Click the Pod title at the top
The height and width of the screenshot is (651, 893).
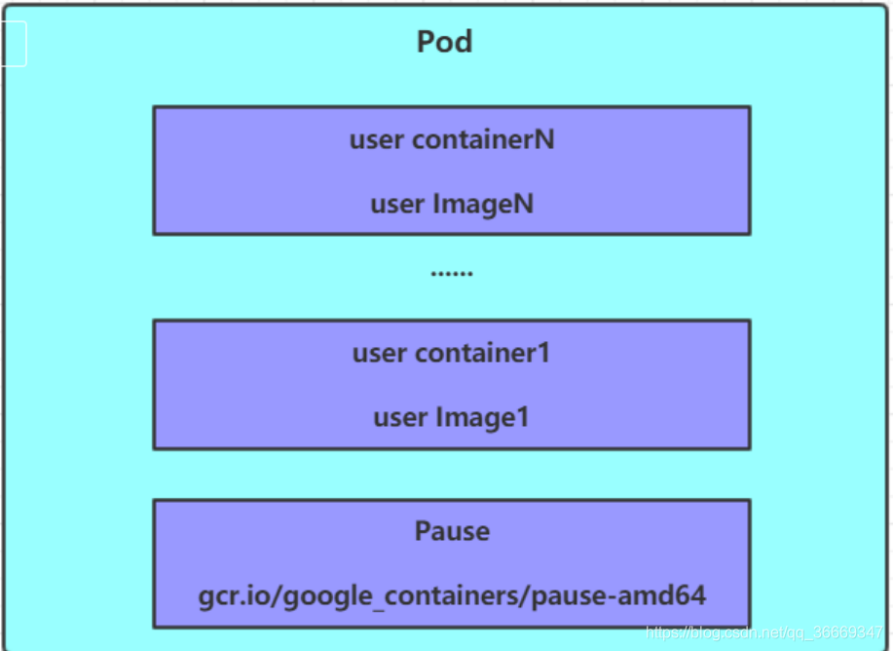coord(445,42)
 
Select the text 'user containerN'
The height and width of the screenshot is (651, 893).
coord(452,139)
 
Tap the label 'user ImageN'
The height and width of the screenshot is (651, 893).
coord(452,205)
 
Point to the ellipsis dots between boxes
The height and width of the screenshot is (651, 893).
coord(452,273)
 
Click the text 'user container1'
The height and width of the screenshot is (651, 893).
coord(452,353)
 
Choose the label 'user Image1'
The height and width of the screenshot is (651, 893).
coord(452,418)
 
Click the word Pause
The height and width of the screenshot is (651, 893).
coord(452,531)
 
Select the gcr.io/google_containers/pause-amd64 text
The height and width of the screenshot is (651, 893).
coord(452,595)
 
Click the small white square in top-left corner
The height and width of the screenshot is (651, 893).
coord(13,44)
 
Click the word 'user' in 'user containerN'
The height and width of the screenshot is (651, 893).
coord(377,139)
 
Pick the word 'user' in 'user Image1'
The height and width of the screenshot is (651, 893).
coord(400,418)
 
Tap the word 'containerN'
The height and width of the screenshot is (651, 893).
coord(483,139)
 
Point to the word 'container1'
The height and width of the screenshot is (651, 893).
coord(482,353)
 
